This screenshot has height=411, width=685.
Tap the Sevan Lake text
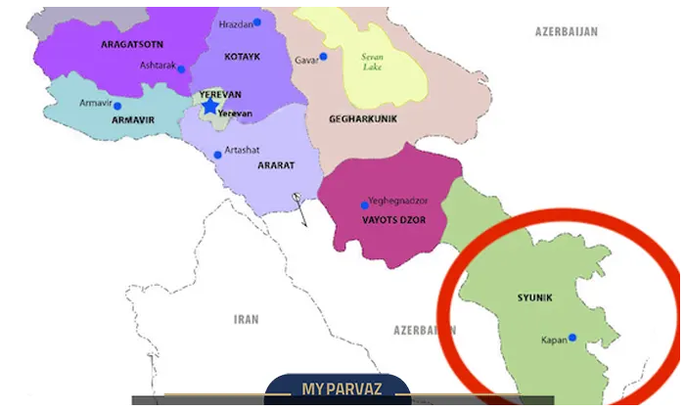coord(373,63)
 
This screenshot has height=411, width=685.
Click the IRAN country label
coord(247,319)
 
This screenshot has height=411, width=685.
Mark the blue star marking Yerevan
coord(209,106)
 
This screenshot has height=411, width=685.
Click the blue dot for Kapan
coord(572,339)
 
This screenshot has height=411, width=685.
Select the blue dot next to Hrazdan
coord(257,22)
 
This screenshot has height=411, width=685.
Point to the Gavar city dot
coord(323,57)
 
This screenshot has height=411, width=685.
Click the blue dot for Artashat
coord(217,155)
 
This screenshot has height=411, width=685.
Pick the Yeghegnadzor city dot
coord(364,205)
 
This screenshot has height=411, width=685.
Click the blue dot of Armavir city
coord(117,106)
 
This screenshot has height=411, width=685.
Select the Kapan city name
coord(553,342)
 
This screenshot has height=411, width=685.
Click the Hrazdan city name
coord(236,23)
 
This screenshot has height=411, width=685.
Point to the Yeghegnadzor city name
coord(398,199)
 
